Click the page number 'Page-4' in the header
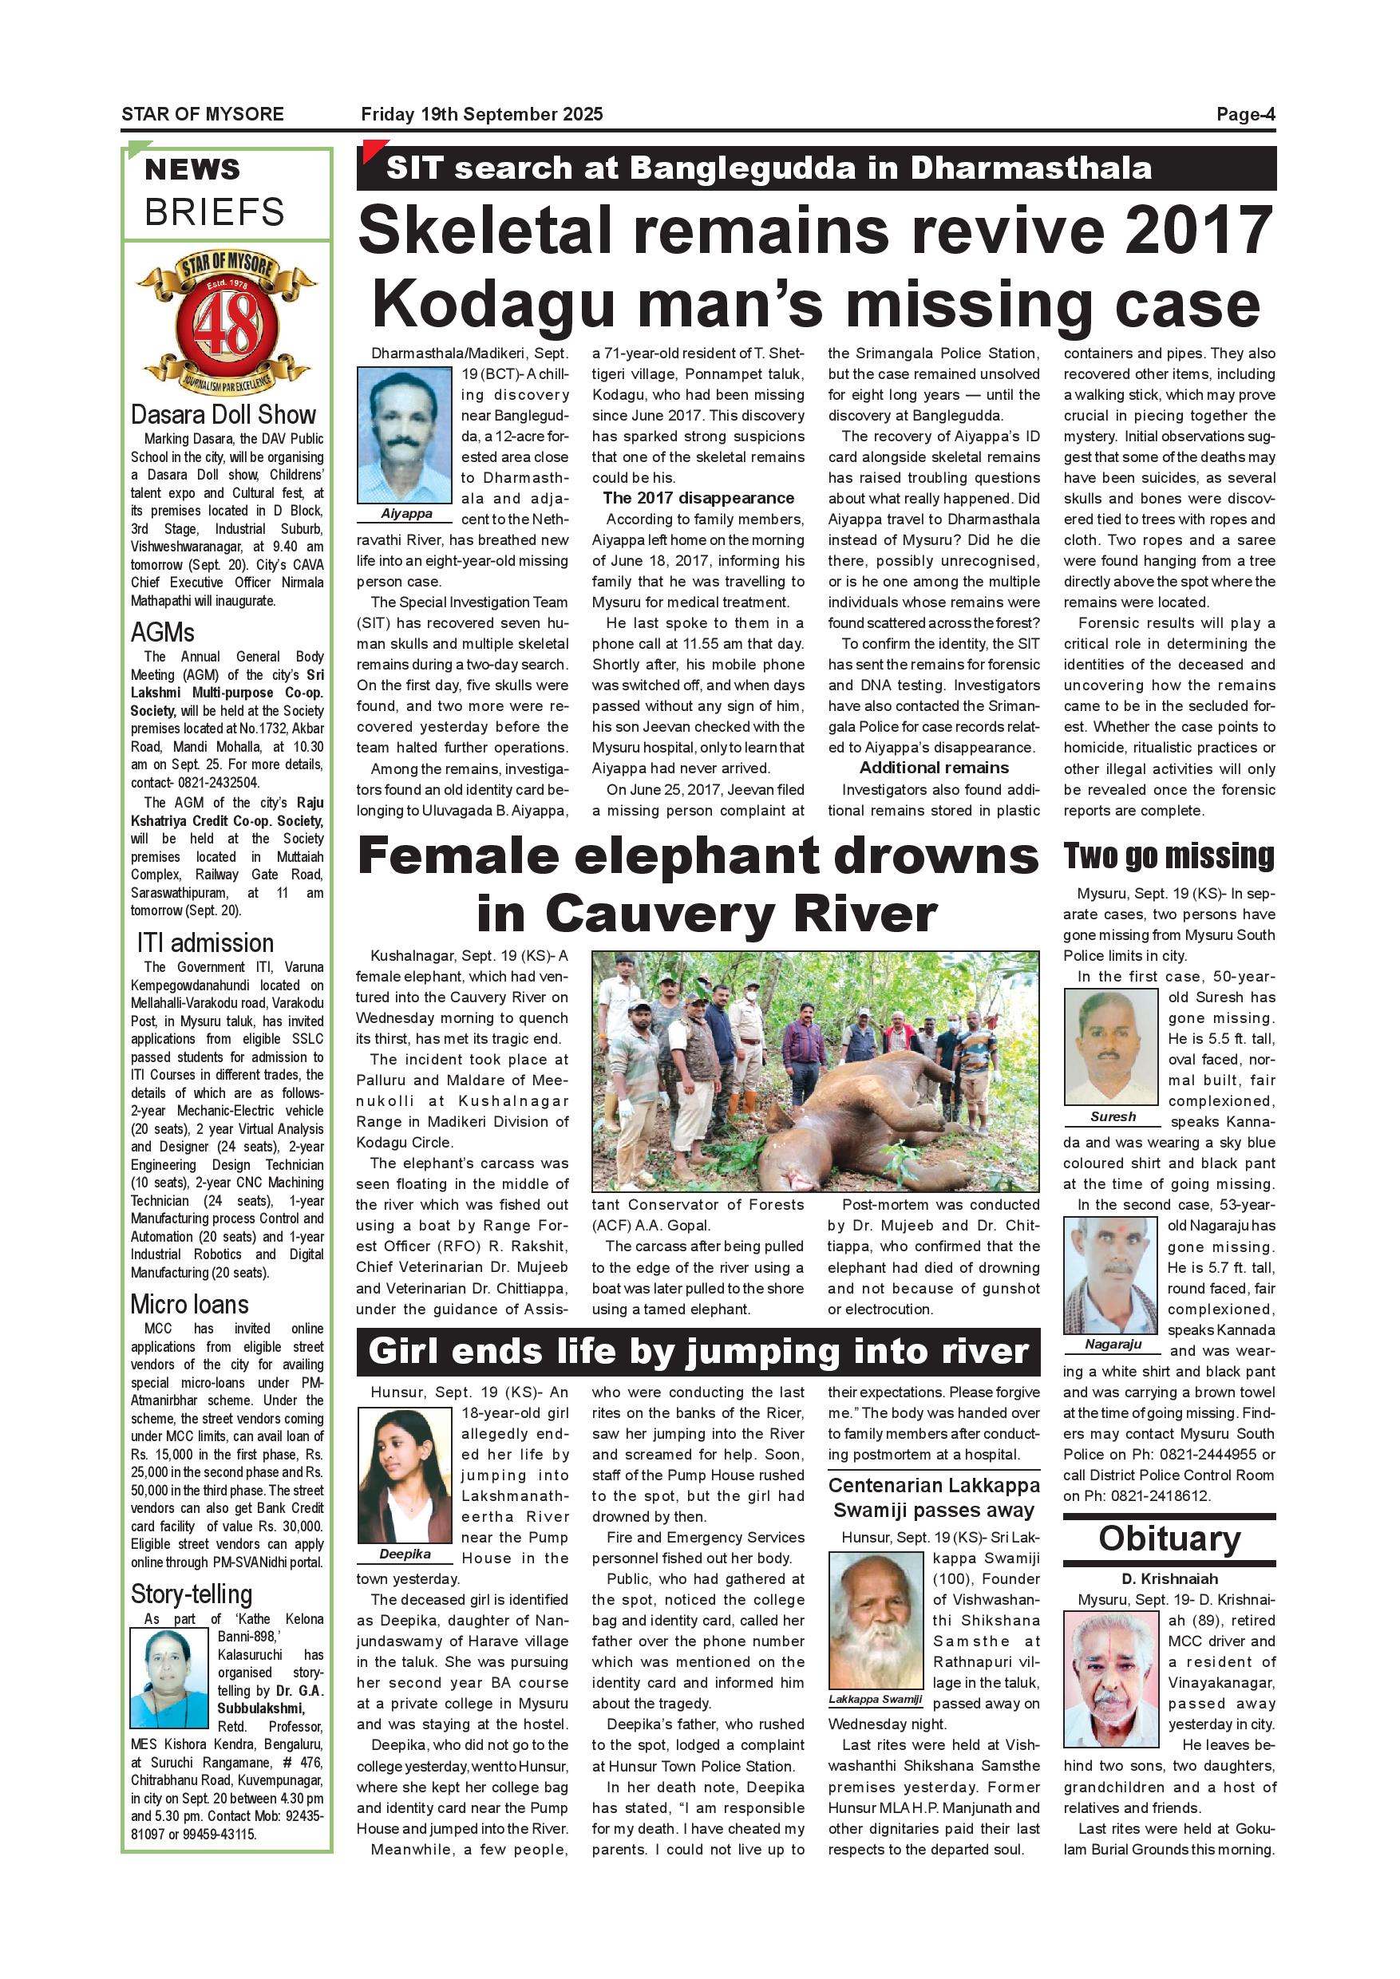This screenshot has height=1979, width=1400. [x=1245, y=115]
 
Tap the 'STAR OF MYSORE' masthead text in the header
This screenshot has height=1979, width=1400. [x=203, y=115]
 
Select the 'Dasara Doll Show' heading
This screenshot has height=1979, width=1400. [x=223, y=415]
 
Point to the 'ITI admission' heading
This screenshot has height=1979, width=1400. [x=205, y=942]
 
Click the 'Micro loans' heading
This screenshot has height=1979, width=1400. [x=190, y=1304]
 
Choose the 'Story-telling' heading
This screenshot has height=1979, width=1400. [x=192, y=1594]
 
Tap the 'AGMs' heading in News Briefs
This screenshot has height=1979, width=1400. [x=163, y=633]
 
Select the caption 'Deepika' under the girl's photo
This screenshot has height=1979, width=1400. [x=405, y=1554]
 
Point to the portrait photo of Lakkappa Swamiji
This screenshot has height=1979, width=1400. [x=875, y=1620]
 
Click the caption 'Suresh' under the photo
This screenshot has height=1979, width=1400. [x=1113, y=1116]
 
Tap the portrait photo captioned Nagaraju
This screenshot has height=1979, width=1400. [x=1110, y=1277]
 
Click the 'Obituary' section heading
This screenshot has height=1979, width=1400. [x=1169, y=1539]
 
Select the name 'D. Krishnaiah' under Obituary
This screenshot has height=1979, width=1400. [x=1169, y=1579]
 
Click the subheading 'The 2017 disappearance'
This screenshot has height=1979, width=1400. [x=698, y=498]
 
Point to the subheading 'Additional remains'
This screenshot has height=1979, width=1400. [x=934, y=768]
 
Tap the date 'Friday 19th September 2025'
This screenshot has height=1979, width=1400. [x=482, y=115]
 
